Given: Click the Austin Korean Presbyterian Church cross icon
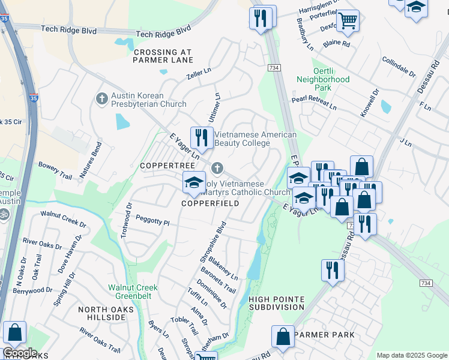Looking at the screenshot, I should tap(102, 98).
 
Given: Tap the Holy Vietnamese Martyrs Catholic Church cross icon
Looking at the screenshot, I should tap(217, 168).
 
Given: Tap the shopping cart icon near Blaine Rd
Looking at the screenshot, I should tap(348, 21).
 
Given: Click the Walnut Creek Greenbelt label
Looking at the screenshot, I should tap(133, 292).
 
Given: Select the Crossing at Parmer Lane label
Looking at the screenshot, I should tap(163, 56).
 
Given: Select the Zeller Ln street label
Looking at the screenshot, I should tap(199, 74).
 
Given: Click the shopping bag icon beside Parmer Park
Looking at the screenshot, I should tap(283, 337).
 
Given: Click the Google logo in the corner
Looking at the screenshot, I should tap(20, 353).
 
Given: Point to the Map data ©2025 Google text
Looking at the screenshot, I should tap(411, 355).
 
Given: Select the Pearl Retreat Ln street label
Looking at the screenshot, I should tap(314, 103).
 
